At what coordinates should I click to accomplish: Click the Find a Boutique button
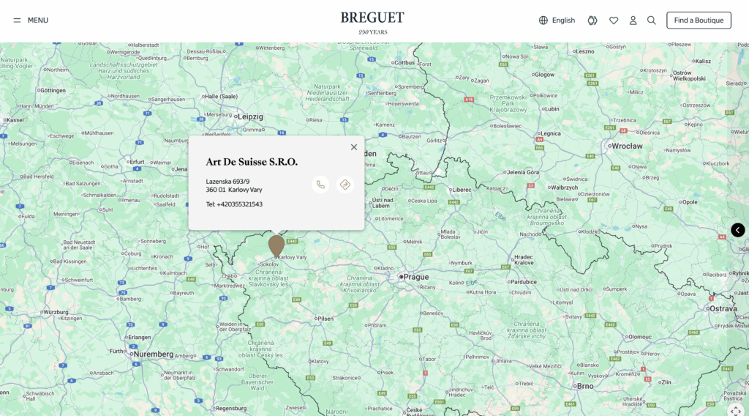click(x=699, y=21)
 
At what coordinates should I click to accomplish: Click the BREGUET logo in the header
click(x=372, y=18)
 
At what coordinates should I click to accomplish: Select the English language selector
click(x=557, y=21)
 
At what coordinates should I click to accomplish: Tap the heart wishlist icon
click(x=614, y=21)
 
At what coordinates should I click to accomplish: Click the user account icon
click(x=633, y=21)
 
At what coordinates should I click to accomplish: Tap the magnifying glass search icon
click(x=652, y=21)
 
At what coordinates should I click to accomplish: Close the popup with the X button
click(x=354, y=147)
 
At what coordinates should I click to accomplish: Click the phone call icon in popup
click(x=320, y=185)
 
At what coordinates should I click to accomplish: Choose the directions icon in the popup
click(x=345, y=185)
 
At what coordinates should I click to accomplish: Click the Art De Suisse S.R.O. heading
click(x=252, y=162)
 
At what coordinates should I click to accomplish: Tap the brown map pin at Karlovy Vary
click(x=276, y=245)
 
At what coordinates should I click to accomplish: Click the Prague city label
click(x=415, y=277)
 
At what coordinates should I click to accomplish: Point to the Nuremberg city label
click(x=153, y=354)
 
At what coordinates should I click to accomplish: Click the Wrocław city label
click(x=627, y=146)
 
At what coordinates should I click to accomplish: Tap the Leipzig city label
click(x=249, y=116)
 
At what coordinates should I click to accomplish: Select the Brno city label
click(x=585, y=385)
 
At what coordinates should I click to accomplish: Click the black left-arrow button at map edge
click(x=738, y=230)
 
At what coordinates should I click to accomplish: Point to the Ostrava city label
click(x=723, y=308)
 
